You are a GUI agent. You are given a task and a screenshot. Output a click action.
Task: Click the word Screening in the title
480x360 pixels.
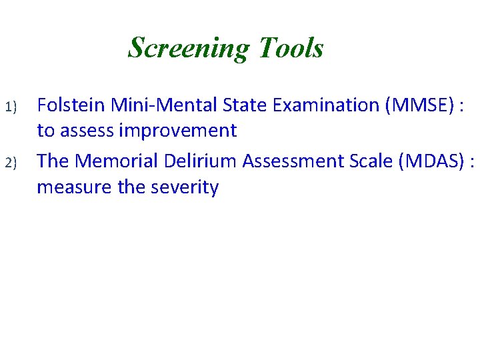[x=187, y=48]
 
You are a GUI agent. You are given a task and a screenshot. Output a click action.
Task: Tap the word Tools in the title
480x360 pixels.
[x=290, y=48]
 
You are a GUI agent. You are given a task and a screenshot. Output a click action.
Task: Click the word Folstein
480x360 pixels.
[x=71, y=105]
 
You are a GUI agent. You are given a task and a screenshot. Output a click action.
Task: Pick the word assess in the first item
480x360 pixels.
[x=89, y=131]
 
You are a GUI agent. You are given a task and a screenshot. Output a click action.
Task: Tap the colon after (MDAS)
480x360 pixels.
[x=472, y=162]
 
